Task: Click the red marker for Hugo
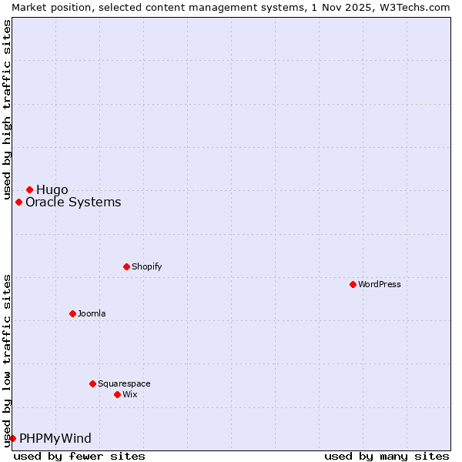pos(29,189)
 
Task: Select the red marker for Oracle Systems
pos(18,203)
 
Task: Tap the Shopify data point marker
pos(126,266)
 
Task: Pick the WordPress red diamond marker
pos(353,284)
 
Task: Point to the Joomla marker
pos(72,313)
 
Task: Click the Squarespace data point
pos(92,383)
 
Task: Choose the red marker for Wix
pos(117,394)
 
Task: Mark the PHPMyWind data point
pos(12,438)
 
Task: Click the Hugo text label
pos(52,189)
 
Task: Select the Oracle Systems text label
pos(73,203)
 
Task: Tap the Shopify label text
pos(146,266)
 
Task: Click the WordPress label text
pos(380,284)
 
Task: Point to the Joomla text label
pos(92,313)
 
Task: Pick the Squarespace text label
pos(124,383)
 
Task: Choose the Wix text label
pos(130,394)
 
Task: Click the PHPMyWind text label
pos(55,438)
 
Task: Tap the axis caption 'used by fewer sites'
pos(79,456)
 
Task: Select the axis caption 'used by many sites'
pos(387,456)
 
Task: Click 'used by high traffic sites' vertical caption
pos(7,108)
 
